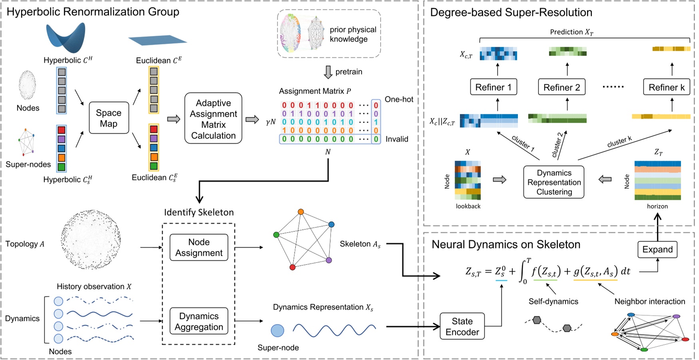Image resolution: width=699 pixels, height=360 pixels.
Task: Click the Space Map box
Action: click(x=109, y=118)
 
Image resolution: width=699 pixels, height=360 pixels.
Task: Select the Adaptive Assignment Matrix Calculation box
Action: click(x=213, y=119)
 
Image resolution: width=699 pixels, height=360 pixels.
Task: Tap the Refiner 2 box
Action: click(x=562, y=87)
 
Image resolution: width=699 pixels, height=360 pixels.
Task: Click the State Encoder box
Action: click(x=462, y=326)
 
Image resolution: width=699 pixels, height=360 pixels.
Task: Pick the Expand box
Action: click(x=657, y=250)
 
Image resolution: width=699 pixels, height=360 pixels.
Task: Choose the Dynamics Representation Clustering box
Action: click(x=554, y=182)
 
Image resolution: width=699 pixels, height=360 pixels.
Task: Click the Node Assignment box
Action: click(x=199, y=247)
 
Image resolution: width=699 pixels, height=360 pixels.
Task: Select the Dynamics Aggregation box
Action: click(x=199, y=321)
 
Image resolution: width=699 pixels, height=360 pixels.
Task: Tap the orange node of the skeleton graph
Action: click(x=301, y=212)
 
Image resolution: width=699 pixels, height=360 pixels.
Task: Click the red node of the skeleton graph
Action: click(x=293, y=267)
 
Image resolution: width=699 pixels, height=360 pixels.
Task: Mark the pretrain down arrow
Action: click(x=328, y=72)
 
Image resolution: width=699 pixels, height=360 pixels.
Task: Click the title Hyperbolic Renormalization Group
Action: click(x=93, y=12)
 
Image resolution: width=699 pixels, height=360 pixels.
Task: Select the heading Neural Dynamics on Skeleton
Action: click(x=506, y=245)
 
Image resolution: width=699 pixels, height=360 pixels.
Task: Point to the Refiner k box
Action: click(x=666, y=87)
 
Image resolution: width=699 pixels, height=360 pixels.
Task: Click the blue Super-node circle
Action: click(x=277, y=330)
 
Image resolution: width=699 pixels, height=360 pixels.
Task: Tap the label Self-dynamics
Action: click(x=553, y=301)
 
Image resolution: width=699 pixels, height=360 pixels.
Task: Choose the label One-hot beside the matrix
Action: click(x=399, y=99)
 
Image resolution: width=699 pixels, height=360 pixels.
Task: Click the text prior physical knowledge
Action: click(x=352, y=34)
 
